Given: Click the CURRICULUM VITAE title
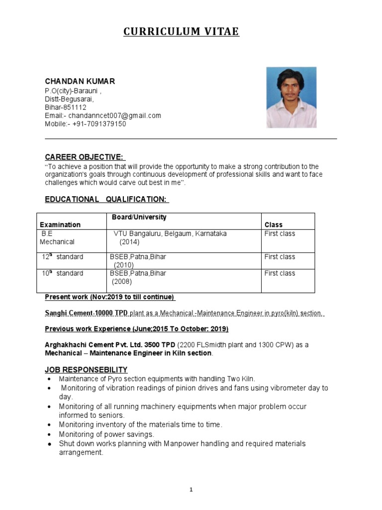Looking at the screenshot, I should point(181,32).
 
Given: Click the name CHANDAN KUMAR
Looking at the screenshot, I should point(80,81).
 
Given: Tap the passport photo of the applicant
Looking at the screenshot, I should point(291,97).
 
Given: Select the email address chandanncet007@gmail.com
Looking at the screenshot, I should point(114,116).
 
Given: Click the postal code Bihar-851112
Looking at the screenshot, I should point(65,107).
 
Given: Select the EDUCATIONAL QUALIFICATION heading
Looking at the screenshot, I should point(106,199).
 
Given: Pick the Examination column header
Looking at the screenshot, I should point(60,225).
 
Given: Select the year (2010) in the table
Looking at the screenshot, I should point(123,265).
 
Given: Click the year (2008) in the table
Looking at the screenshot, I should point(121,282).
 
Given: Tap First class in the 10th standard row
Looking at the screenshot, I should point(279,273).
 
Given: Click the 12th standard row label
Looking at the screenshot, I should point(62,257).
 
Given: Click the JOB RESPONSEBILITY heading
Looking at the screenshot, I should point(86,370).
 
